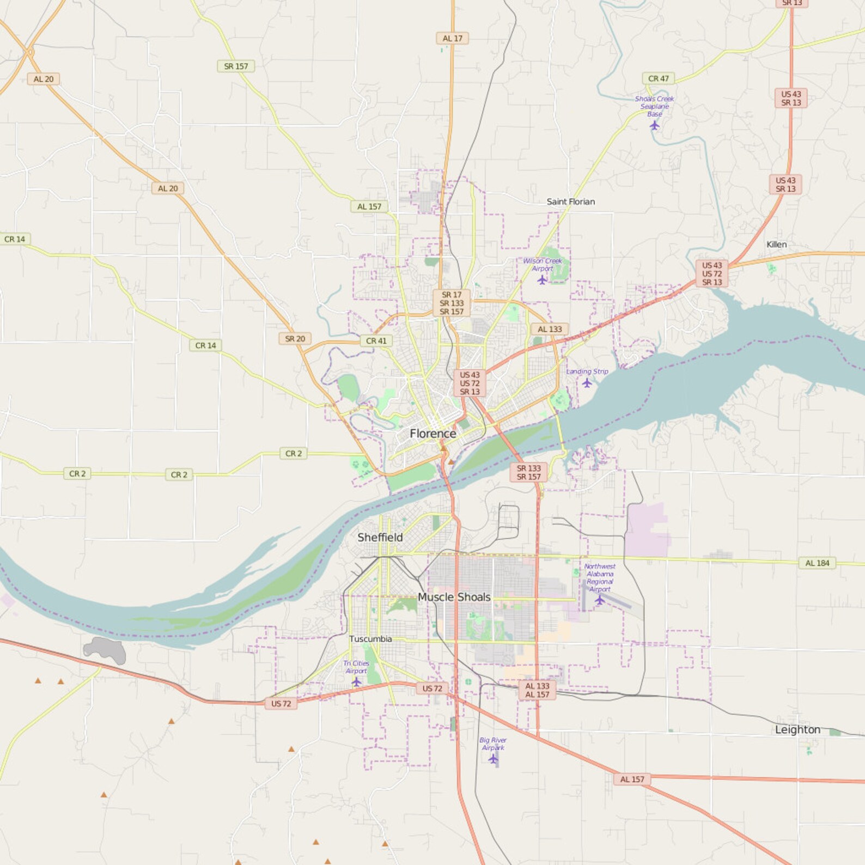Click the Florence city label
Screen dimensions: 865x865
coord(433,434)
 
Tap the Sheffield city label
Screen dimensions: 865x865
coord(380,537)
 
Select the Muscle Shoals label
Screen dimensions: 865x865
coord(454,597)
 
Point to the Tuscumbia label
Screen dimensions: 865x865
coord(370,639)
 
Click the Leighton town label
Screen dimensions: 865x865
coord(797,729)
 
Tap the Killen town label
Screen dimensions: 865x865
coord(776,245)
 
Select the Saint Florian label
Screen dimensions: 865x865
coord(570,202)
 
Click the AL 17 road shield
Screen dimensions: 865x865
coord(452,38)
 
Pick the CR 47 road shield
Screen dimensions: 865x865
coord(658,78)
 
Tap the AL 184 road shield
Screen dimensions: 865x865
coord(817,563)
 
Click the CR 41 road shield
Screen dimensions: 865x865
coord(376,341)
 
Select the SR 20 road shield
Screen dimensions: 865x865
coord(295,339)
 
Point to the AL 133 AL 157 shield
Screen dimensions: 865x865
coord(537,690)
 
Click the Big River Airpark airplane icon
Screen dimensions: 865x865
coord(493,759)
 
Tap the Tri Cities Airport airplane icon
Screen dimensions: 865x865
coord(356,682)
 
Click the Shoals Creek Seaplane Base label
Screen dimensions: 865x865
coord(654,106)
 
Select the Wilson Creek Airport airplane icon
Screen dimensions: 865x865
coord(542,280)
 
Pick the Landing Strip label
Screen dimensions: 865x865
coord(587,371)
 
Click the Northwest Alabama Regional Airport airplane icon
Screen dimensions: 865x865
coord(600,600)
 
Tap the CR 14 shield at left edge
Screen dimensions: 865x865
coord(15,239)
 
